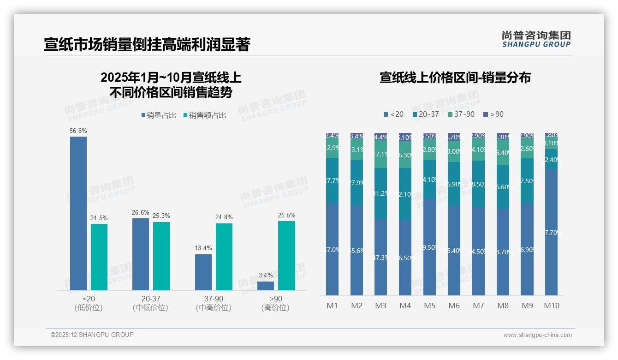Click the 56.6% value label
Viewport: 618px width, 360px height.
[78, 131]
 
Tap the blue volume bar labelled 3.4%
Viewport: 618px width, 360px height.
[266, 286]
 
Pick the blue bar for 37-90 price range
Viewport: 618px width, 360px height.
[203, 272]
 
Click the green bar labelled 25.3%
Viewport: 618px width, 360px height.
[161, 256]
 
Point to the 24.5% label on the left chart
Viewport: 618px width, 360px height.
[99, 218]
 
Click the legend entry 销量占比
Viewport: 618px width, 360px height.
[158, 115]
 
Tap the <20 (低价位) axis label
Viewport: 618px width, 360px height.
[89, 303]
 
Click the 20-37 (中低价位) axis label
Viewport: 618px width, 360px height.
[150, 303]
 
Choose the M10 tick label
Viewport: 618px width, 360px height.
[551, 306]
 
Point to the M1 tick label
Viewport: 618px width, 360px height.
[332, 306]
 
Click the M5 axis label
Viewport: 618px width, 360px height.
[429, 306]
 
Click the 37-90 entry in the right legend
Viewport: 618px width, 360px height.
[461, 114]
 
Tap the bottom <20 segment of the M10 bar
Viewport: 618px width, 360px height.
[551, 232]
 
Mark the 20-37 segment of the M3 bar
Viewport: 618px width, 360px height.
[380, 193]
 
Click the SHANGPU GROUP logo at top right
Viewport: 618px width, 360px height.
[536, 39]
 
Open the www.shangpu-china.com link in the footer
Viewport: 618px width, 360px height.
[537, 335]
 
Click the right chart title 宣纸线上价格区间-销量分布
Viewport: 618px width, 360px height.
[455, 78]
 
